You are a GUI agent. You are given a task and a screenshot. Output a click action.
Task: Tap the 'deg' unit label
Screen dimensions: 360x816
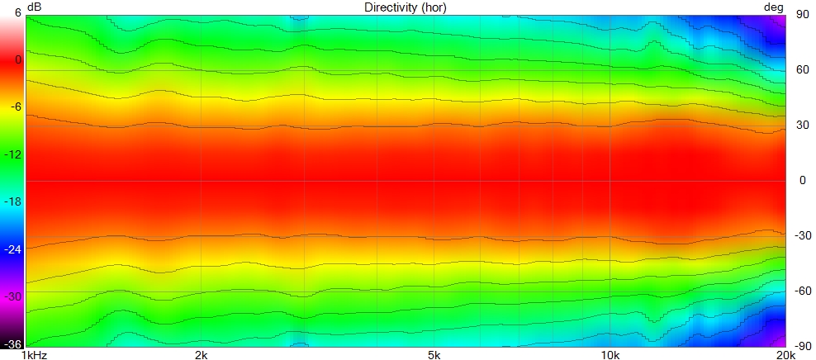pyautogui.click(x=773, y=7)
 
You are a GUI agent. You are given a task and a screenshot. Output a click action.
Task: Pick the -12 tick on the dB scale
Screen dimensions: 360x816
pyautogui.click(x=14, y=154)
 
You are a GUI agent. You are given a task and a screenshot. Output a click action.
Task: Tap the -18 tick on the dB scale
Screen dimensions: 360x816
pyautogui.click(x=14, y=201)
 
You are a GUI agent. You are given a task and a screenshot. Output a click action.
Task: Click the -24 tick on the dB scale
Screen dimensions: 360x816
pyautogui.click(x=14, y=248)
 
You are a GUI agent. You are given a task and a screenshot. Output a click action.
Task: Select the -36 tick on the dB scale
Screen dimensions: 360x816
pyautogui.click(x=14, y=344)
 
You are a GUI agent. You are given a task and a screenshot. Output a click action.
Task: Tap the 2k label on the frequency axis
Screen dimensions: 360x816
pyautogui.click(x=200, y=354)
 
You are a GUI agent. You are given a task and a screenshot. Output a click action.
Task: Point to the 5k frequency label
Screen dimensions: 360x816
pyautogui.click(x=434, y=354)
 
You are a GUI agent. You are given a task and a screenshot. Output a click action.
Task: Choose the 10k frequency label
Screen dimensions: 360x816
pyautogui.click(x=610, y=354)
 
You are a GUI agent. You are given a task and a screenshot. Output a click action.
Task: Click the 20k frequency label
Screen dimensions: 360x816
pyautogui.click(x=785, y=354)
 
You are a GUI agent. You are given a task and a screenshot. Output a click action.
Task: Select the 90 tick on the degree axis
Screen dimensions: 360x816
pyautogui.click(x=801, y=15)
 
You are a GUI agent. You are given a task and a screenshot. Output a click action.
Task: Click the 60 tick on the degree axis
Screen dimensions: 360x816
pyautogui.click(x=801, y=70)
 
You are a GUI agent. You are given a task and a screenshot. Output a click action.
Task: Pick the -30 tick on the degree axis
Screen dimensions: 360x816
pyautogui.click(x=802, y=235)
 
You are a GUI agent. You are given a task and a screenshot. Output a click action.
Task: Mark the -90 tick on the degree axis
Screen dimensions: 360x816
pyautogui.click(x=802, y=346)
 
